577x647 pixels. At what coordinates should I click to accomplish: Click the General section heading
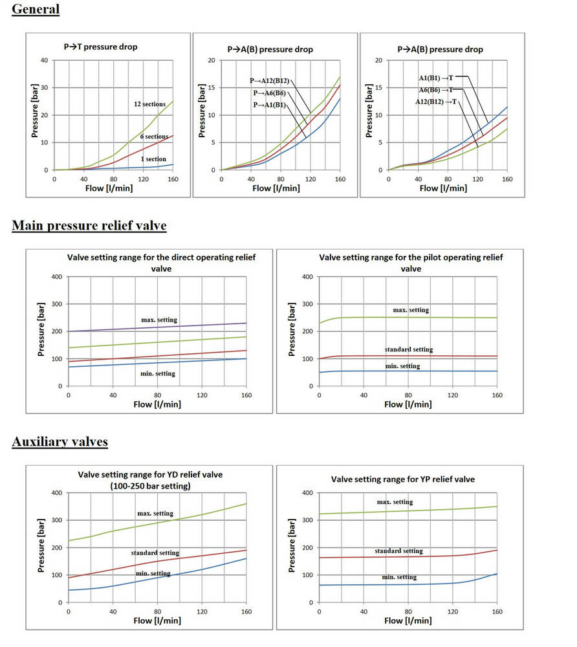pyautogui.click(x=36, y=9)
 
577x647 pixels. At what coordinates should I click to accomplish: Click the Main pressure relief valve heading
pyautogui.click(x=89, y=225)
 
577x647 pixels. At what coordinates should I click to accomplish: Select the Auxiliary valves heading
pyautogui.click(x=60, y=442)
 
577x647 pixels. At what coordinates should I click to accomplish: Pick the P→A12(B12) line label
pyautogui.click(x=269, y=81)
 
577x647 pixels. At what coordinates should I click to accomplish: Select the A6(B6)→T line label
pyautogui.click(x=436, y=90)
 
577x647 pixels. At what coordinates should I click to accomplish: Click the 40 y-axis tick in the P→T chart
pyautogui.click(x=44, y=60)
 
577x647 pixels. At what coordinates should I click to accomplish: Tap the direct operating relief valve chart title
pyautogui.click(x=161, y=262)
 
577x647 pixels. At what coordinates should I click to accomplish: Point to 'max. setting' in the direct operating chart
pyautogui.click(x=159, y=320)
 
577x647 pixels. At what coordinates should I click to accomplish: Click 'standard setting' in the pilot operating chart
pyautogui.click(x=409, y=349)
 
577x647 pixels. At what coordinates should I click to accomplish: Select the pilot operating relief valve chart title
pyautogui.click(x=411, y=262)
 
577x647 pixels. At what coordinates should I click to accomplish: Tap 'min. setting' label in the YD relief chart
pyautogui.click(x=153, y=573)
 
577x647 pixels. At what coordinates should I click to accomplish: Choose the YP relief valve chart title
pyautogui.click(x=402, y=479)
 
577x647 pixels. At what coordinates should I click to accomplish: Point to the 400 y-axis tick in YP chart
pyautogui.click(x=307, y=493)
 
